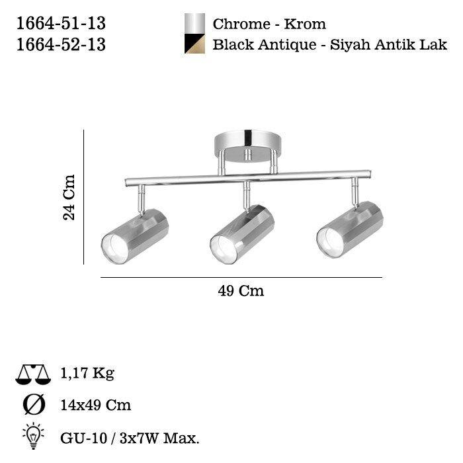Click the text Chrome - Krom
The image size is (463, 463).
click(x=269, y=24)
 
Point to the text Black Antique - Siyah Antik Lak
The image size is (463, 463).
click(x=329, y=45)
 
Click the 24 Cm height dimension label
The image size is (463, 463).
click(x=69, y=197)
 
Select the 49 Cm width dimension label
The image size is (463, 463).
click(x=241, y=292)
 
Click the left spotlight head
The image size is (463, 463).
click(x=135, y=236)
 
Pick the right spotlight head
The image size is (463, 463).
click(x=350, y=232)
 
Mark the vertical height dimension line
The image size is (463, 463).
click(x=84, y=197)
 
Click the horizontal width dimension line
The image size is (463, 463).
click(x=241, y=277)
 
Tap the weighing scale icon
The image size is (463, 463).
click(x=32, y=374)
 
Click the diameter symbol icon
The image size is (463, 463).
click(x=33, y=405)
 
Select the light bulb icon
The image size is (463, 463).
click(x=33, y=435)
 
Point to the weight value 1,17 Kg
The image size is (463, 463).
click(x=87, y=374)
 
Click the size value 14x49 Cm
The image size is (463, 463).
click(x=95, y=405)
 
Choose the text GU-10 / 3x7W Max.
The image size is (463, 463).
click(x=130, y=437)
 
